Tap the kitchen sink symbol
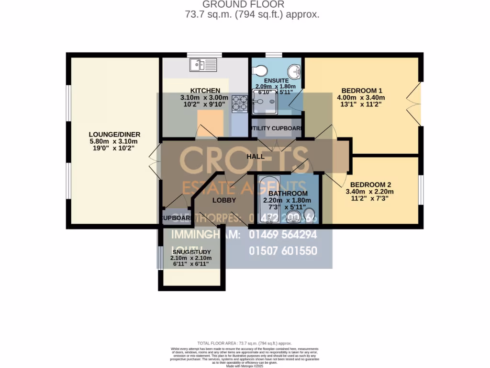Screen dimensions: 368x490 (203, 64)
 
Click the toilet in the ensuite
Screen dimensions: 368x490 (259, 71)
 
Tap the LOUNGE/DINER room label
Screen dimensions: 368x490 (114, 134)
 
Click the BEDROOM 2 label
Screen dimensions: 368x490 (370, 184)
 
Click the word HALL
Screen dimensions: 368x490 (255, 156)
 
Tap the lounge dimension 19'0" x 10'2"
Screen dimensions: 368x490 (114, 149)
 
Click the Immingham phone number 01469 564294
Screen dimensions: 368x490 (283, 235)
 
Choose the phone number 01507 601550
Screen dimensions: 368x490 (283, 251)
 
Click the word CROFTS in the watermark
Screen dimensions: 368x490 (244, 160)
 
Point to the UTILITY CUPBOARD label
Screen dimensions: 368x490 (277, 128)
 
